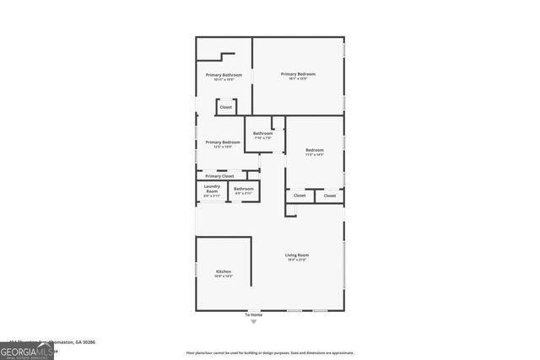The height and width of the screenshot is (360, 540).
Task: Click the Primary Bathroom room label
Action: (x=224, y=75)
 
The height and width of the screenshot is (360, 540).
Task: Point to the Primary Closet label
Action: (x=219, y=175)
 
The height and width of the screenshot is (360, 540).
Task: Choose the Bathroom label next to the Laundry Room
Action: (x=244, y=188)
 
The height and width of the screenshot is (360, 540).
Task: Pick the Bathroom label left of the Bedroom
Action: (x=263, y=133)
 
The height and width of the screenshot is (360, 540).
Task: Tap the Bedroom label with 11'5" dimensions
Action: (x=314, y=151)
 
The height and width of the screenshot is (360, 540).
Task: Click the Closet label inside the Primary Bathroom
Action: (x=225, y=107)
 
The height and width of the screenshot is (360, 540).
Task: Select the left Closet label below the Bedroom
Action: (x=300, y=196)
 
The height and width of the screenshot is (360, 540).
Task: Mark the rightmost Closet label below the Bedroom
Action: (x=330, y=196)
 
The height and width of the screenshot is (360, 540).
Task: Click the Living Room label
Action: (x=297, y=255)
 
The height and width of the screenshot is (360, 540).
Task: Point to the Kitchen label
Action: (x=224, y=271)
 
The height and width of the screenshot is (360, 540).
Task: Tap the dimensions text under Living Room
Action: (x=297, y=260)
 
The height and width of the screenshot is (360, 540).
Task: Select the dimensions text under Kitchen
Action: (x=224, y=277)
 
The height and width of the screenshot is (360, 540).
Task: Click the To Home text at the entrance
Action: (x=254, y=314)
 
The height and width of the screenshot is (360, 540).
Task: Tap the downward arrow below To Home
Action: (x=254, y=321)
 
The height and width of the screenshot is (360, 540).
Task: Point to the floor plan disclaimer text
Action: (x=270, y=353)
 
